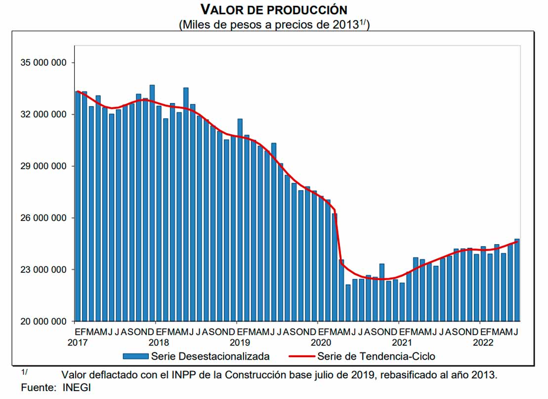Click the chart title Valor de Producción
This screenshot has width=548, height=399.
point(274,9)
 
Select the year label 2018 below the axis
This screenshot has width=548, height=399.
point(158,342)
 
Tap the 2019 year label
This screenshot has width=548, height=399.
point(239,342)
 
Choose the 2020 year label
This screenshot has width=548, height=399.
point(320,342)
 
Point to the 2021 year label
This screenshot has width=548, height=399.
point(402,342)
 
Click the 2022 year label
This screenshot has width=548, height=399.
point(483,342)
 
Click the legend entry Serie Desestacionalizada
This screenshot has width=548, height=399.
point(211,356)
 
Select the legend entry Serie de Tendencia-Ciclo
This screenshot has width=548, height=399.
point(376,356)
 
